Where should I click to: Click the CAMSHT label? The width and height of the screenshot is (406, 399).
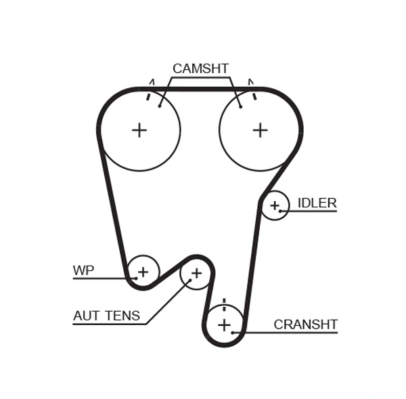[x=200, y=68]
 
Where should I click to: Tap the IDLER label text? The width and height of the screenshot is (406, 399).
[x=317, y=203]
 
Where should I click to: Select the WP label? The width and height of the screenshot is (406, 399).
[x=83, y=271]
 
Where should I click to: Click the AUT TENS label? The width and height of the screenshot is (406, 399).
[x=106, y=316]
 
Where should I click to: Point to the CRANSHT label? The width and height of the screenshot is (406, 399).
[x=305, y=324]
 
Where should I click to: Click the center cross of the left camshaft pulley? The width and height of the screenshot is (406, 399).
[x=139, y=130]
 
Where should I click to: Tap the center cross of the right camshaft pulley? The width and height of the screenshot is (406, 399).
[x=261, y=130]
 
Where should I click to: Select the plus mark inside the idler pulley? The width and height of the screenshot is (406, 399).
[x=275, y=205]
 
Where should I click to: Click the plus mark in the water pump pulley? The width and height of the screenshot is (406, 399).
[x=143, y=272]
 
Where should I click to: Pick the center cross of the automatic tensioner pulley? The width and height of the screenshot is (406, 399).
[x=196, y=273]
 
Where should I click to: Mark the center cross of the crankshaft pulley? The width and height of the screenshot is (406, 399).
[x=225, y=325]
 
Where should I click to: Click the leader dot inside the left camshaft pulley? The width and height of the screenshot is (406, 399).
[x=160, y=105]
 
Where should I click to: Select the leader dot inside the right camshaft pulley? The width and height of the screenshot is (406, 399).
[x=240, y=106]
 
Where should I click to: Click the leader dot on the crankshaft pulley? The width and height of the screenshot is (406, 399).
[x=233, y=332]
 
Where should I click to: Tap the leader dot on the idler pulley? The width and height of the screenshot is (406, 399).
[x=279, y=211]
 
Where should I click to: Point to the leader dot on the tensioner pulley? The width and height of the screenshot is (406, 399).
[x=190, y=280]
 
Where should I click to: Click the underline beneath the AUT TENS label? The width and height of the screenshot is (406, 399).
[x=108, y=324]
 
